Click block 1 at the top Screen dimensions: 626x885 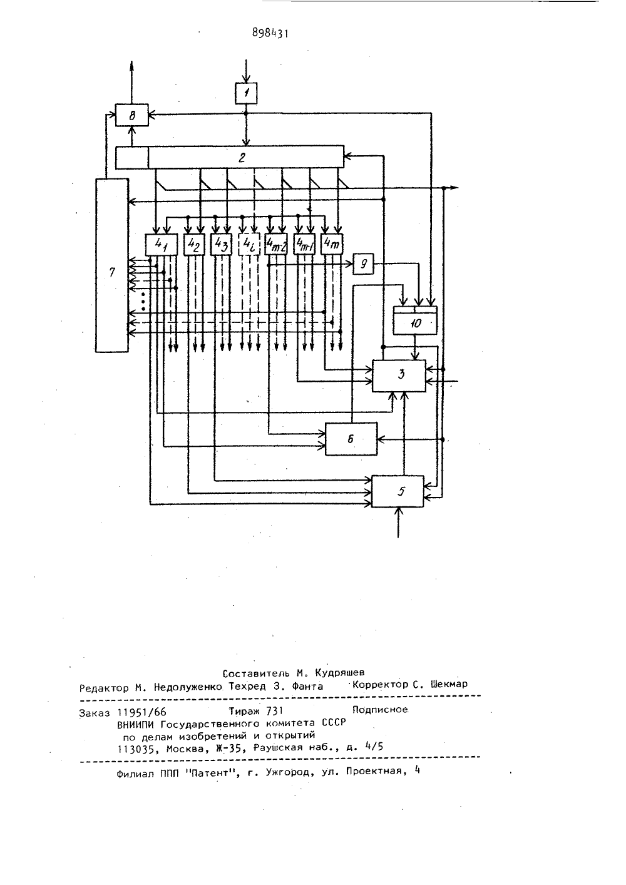tap(246, 93)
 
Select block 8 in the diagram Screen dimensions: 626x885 tap(131, 115)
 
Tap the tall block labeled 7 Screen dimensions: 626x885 tap(112, 265)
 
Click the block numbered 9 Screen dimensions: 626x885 tap(363, 263)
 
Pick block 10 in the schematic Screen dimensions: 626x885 tap(416, 320)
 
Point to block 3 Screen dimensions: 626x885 tap(399, 376)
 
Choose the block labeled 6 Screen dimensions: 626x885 tap(351, 439)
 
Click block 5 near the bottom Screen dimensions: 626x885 tap(398, 491)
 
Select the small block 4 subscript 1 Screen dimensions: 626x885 tap(162, 245)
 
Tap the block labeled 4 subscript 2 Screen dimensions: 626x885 tap(194, 245)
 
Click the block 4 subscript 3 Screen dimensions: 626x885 tap(220, 245)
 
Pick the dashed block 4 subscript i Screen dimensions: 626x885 tap(249, 245)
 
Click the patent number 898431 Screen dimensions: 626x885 tap(270, 33)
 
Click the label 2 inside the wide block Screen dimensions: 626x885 tap(242, 158)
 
